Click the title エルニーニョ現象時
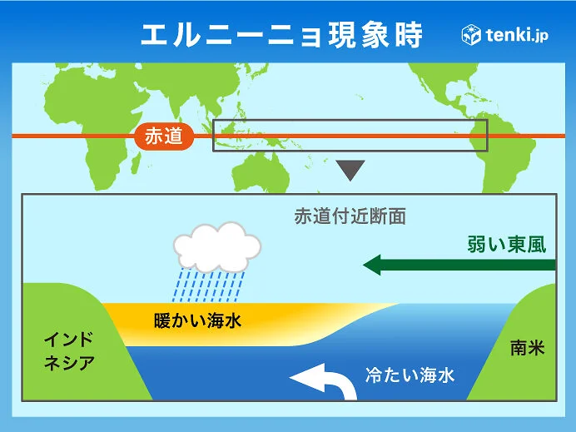[281, 35]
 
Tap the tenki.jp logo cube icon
[471, 35]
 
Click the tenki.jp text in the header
[517, 35]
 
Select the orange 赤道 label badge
[164, 137]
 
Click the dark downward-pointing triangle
[350, 169]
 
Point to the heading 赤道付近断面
[350, 216]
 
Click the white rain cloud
[217, 247]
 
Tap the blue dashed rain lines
[208, 286]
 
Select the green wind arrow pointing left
[459, 265]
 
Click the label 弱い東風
[507, 244]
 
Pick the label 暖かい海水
[197, 320]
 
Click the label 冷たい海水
[410, 375]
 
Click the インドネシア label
[69, 351]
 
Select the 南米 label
[528, 347]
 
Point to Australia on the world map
[261, 173]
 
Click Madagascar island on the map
[135, 164]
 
